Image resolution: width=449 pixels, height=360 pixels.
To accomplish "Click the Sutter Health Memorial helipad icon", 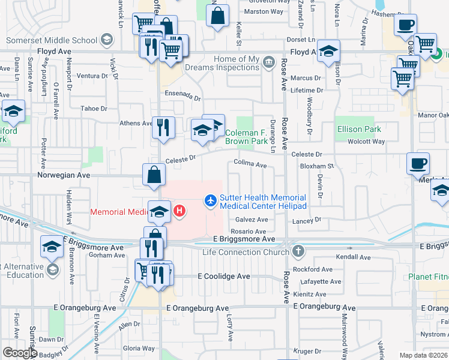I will click(x=211, y=200).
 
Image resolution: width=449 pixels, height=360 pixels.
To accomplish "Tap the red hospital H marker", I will click(x=179, y=211).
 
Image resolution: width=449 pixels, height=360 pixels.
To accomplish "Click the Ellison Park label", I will click(x=358, y=129).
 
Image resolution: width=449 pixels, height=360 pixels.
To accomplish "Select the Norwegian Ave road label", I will click(x=63, y=176).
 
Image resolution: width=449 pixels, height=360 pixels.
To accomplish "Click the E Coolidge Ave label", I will click(x=224, y=277).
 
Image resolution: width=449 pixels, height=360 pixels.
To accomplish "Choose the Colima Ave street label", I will click(x=250, y=164).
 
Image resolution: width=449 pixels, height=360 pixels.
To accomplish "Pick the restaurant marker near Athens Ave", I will click(x=163, y=128).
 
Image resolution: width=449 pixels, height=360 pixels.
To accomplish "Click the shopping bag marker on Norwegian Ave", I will click(x=154, y=175).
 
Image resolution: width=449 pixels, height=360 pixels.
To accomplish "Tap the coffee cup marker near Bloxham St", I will click(x=418, y=163).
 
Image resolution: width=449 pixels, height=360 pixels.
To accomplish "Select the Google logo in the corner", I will click(x=19, y=353).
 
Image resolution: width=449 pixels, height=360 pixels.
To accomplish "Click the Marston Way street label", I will click(x=264, y=11).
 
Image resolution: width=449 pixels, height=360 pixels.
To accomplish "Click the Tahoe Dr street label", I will click(x=94, y=109).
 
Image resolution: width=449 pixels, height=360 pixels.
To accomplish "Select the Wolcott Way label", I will click(x=368, y=142).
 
